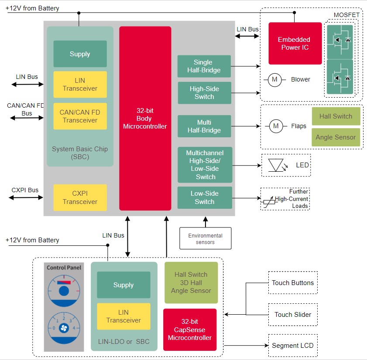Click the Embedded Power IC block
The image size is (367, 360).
(295, 43)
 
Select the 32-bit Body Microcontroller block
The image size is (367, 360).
(145, 118)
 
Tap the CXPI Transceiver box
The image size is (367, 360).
(80, 197)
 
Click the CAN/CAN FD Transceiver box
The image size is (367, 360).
(80, 116)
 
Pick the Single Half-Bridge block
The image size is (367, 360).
(204, 66)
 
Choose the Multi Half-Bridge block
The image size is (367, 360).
(204, 126)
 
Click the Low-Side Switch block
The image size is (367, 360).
(204, 197)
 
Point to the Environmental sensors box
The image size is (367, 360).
(205, 238)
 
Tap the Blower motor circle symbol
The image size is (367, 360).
(274, 79)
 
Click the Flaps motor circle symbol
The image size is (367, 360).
(275, 126)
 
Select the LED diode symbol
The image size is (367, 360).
(275, 165)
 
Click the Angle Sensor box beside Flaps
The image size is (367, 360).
(336, 137)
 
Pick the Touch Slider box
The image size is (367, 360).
(293, 314)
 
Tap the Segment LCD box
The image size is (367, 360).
(292, 346)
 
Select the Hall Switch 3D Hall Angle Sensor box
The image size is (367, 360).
(191, 282)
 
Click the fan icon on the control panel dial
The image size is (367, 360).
(64, 327)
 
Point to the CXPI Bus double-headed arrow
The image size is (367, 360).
(26, 197)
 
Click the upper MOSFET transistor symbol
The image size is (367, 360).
(340, 40)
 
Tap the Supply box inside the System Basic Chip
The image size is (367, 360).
(80, 54)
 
